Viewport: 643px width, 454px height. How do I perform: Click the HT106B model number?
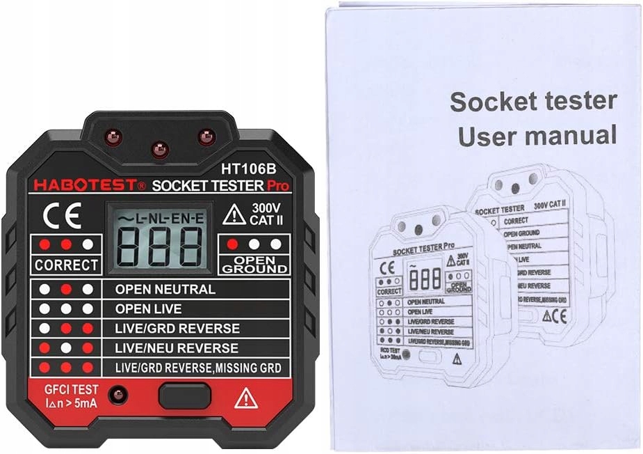247,168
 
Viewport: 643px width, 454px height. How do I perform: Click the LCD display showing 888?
158,244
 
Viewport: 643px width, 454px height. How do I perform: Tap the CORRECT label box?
66,265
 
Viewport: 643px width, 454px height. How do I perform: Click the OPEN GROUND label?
254,265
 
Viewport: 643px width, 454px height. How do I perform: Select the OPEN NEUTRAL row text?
165,289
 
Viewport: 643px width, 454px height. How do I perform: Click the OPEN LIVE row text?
149,308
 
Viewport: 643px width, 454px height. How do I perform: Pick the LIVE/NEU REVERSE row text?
177,347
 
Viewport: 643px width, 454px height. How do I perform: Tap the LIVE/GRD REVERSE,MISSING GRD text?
198,368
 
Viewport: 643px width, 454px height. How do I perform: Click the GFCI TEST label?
73,390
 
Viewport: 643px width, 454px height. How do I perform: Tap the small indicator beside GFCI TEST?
118,395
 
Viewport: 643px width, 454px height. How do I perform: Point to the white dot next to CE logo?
88,244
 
